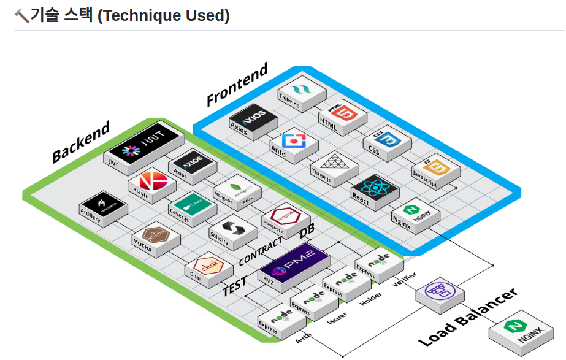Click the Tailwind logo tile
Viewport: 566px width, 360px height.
[298, 90]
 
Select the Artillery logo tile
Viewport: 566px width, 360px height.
[102, 207]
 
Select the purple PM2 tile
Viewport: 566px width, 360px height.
[293, 265]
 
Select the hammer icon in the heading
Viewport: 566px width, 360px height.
[21, 16]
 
